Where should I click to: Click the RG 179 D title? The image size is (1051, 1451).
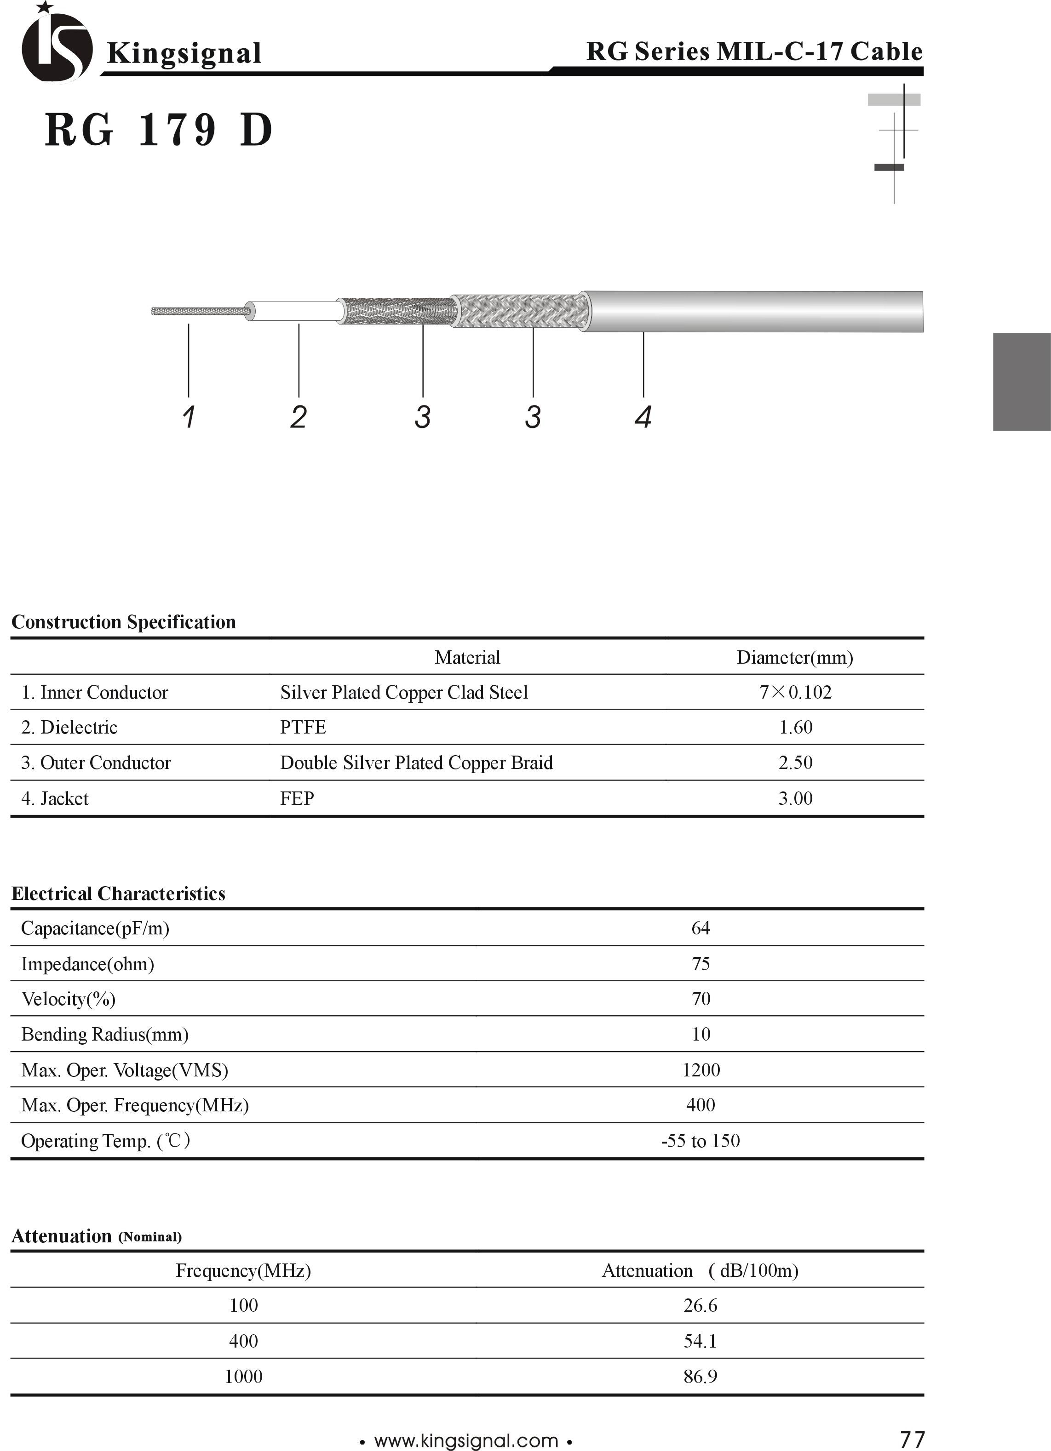point(159,130)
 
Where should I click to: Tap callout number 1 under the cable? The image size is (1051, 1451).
point(188,417)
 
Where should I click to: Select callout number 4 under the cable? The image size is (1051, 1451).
point(643,417)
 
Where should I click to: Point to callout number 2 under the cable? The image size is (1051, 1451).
point(298,417)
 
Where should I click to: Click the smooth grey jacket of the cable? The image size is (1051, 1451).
point(755,312)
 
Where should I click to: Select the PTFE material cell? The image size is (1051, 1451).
point(303,728)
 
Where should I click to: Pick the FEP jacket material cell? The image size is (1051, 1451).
point(297,798)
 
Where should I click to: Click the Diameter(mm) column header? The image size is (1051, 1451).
point(795,658)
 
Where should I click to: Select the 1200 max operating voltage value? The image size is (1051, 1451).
point(701,1070)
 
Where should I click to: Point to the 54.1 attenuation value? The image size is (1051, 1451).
point(700,1341)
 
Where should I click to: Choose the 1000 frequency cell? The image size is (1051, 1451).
point(243,1376)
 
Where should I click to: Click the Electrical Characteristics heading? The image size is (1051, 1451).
point(118,894)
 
